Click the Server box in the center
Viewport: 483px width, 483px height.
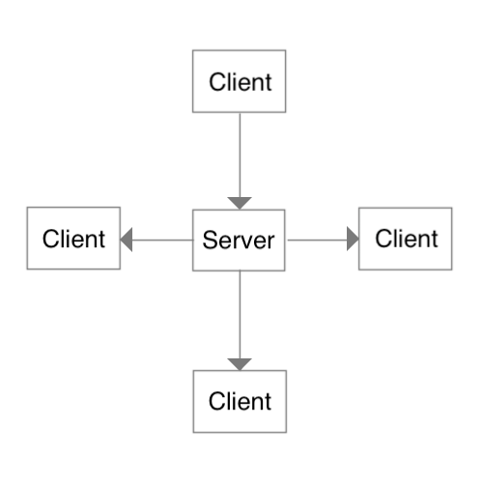coord(239,241)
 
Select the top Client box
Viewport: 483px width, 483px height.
coord(239,81)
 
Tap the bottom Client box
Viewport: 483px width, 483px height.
coord(240,401)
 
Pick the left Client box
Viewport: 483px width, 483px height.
coord(73,239)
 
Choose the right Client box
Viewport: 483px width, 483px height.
coord(406,239)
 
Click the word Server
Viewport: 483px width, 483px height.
coord(239,241)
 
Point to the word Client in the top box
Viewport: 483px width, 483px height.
coord(241,82)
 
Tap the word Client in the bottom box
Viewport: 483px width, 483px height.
coord(240,401)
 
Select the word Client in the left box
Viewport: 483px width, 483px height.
coord(73,239)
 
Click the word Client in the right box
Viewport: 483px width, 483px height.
coord(407,239)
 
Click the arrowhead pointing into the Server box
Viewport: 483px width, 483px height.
coord(240,203)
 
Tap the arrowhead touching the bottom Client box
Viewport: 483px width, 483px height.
coord(240,364)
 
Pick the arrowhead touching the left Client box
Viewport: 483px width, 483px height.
coord(127,240)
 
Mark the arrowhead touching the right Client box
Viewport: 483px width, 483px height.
coord(353,239)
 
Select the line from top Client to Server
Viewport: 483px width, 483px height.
coord(240,155)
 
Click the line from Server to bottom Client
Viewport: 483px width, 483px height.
coord(240,315)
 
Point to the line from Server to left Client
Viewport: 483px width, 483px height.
coord(162,240)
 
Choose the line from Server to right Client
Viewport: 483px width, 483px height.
coord(317,240)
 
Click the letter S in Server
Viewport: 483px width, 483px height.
coord(210,240)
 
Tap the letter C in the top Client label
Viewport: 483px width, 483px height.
coord(217,82)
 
